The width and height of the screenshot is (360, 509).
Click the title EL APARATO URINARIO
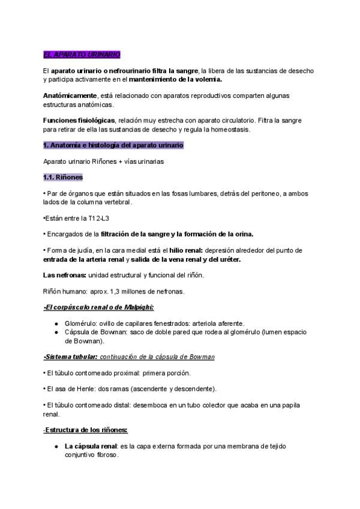point(82,55)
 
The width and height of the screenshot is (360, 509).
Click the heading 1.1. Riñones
point(63,178)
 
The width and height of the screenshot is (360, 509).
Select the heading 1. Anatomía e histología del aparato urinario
point(113,145)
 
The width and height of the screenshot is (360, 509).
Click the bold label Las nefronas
point(65,275)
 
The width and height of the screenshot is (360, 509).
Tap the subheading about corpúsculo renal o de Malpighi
point(98,307)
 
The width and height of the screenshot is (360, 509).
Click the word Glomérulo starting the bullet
point(82,323)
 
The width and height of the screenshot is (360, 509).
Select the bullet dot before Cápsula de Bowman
point(55,333)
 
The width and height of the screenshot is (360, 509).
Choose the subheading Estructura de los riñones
point(86,430)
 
